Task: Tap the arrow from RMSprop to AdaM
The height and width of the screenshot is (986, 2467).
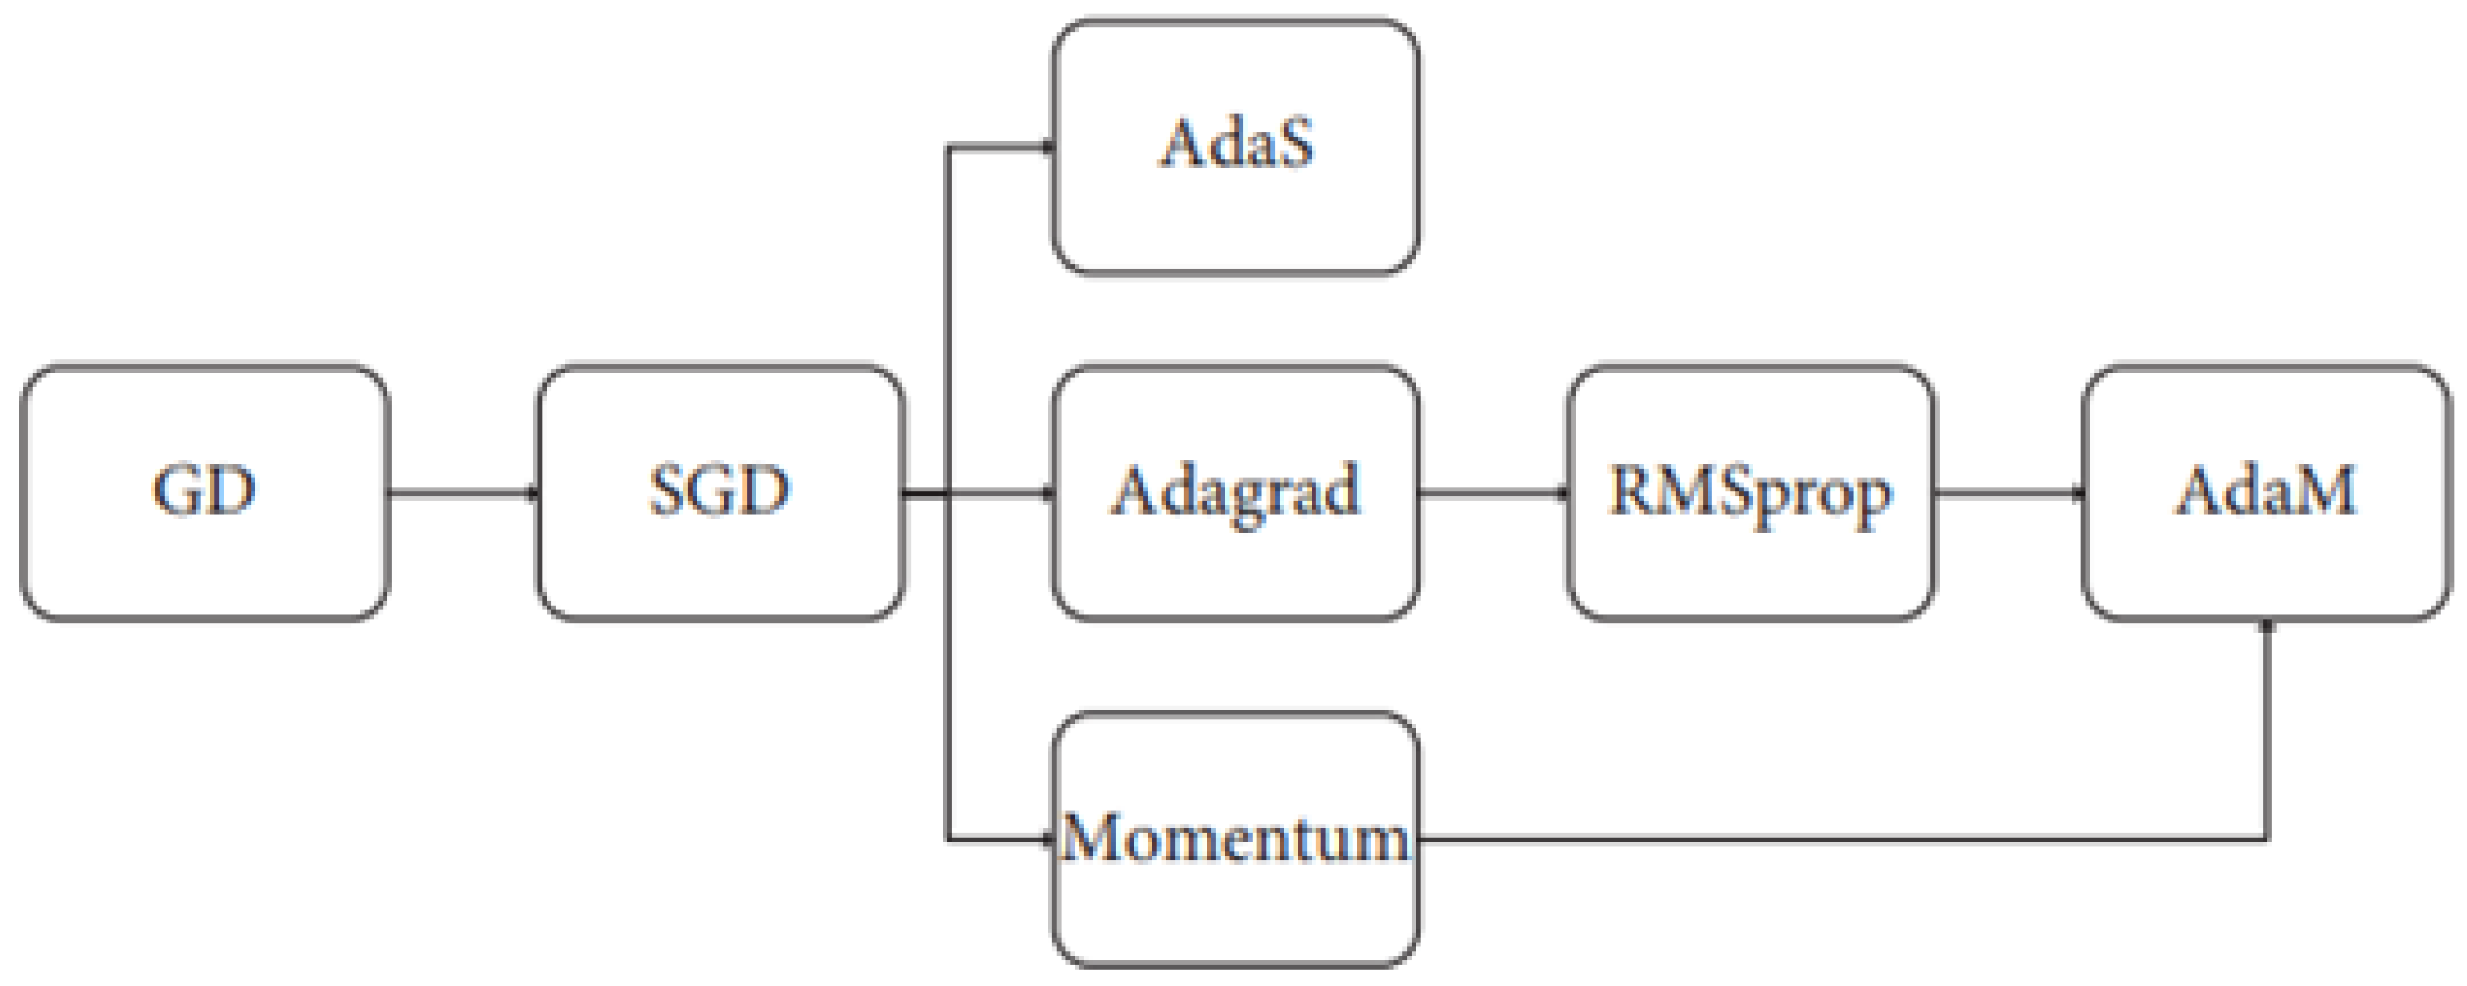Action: point(2008,493)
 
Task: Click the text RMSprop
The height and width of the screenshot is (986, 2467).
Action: point(1750,493)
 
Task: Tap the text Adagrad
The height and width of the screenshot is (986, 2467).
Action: point(1235,492)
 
